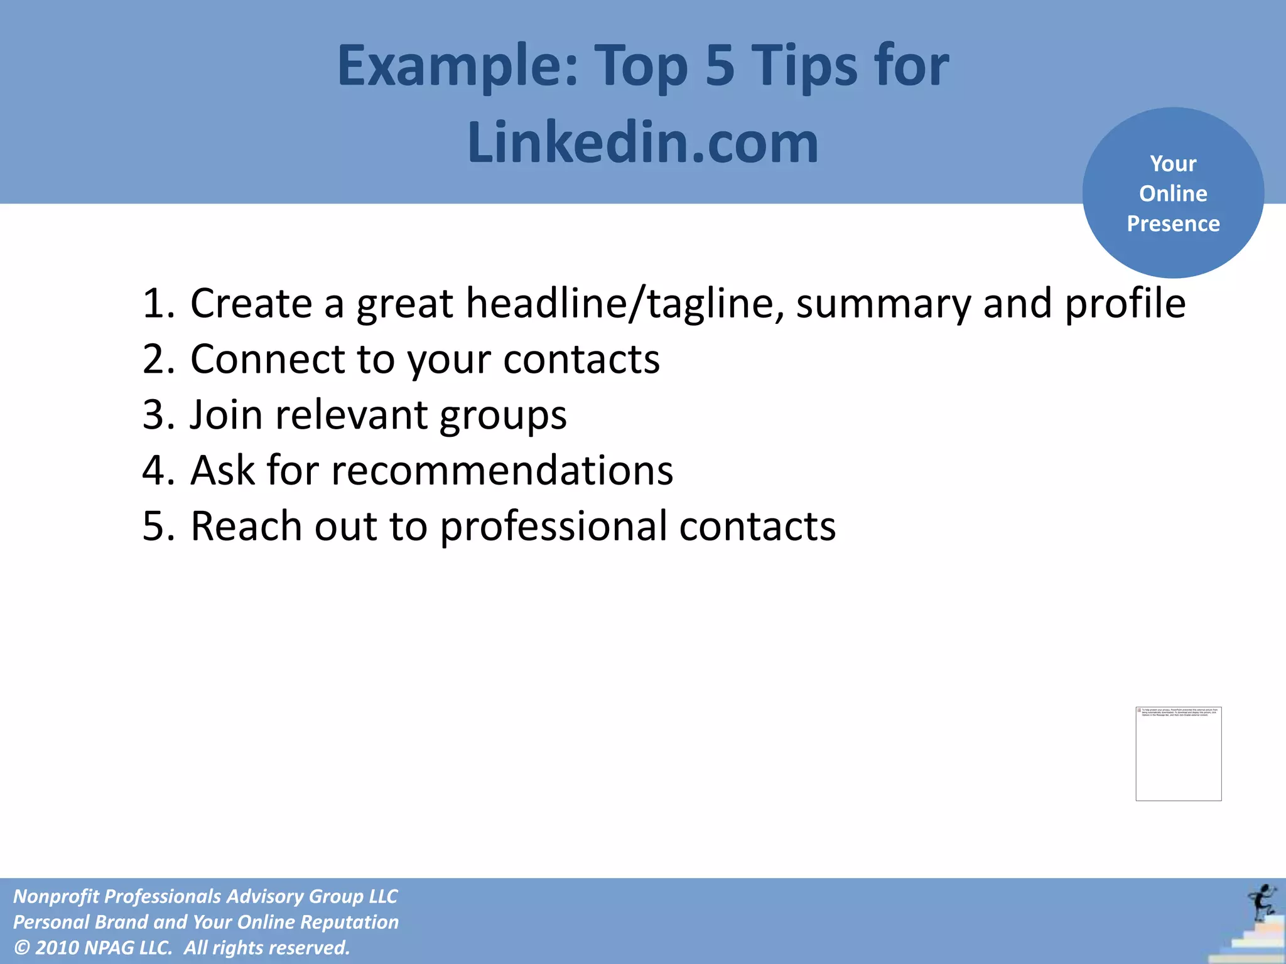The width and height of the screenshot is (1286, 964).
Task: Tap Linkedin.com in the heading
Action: pyautogui.click(x=642, y=143)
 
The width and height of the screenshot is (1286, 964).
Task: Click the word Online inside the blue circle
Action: pyautogui.click(x=1173, y=193)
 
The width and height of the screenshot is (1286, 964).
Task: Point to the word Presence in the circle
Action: pyautogui.click(x=1173, y=223)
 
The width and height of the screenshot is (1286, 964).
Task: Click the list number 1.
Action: pyautogui.click(x=157, y=304)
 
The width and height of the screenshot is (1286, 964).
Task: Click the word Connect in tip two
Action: pyautogui.click(x=268, y=359)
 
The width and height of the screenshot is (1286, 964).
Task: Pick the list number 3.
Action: pyautogui.click(x=157, y=415)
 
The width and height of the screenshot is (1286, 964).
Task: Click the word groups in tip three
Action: pyautogui.click(x=503, y=416)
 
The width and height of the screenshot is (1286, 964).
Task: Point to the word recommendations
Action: pyautogui.click(x=502, y=470)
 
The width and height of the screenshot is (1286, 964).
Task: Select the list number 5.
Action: pyautogui.click(x=157, y=526)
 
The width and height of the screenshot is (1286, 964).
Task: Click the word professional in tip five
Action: pyautogui.click(x=553, y=526)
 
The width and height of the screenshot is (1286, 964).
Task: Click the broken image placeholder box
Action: pyautogui.click(x=1178, y=754)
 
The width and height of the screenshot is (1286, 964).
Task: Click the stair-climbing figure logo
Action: pyautogui.click(x=1261, y=904)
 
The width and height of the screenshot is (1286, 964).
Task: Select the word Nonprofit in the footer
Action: pyautogui.click(x=55, y=896)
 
